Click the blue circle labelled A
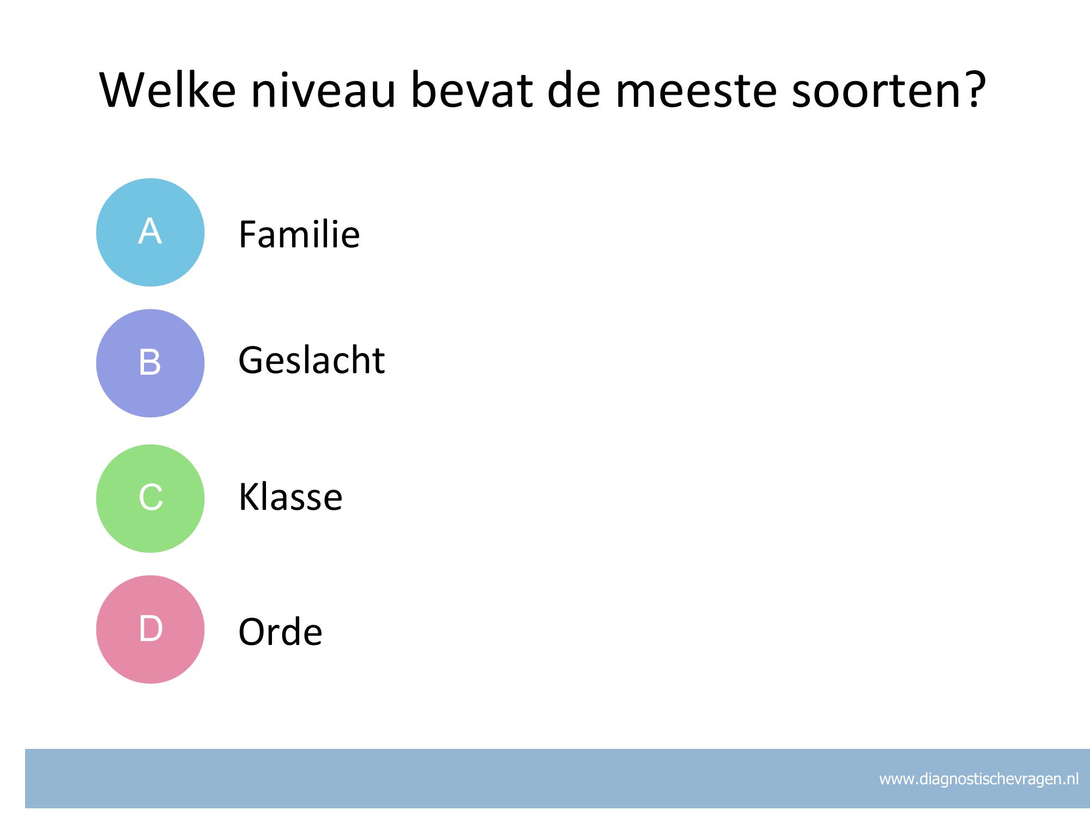click(x=150, y=233)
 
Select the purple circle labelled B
click(x=150, y=363)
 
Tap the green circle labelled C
click(x=150, y=498)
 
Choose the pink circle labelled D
click(x=150, y=629)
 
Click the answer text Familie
click(x=299, y=234)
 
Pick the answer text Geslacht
click(x=312, y=360)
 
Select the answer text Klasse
click(x=290, y=496)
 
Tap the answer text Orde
click(x=280, y=632)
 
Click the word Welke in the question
click(x=168, y=89)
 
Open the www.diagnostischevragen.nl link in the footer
click(x=979, y=779)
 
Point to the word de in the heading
click(x=574, y=89)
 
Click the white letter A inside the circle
click(x=150, y=231)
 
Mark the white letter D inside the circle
click(x=151, y=629)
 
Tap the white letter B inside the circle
click(x=150, y=362)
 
